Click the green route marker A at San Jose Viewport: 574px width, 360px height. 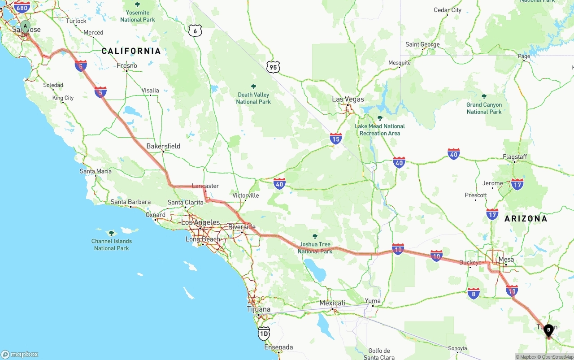pos(26,26)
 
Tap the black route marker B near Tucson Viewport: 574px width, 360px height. pos(548,330)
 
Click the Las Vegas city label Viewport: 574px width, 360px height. pos(348,99)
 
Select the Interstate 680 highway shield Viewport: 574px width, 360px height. pos(22,7)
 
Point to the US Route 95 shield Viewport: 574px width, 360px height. pos(273,67)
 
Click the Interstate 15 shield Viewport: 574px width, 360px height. pos(335,139)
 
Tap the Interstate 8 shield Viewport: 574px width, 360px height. pos(474,294)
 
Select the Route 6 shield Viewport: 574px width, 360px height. pos(195,31)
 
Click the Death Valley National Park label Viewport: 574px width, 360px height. pos(253,98)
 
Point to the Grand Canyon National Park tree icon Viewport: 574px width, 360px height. pos(484,96)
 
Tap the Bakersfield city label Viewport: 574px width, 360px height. pos(163,146)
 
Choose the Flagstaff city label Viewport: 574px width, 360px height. pos(515,157)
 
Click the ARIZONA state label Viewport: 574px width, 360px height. pos(526,219)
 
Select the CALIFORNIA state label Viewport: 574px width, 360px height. pos(131,51)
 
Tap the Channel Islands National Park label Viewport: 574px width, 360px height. pos(111,244)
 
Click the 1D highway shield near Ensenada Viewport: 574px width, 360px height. pos(264,333)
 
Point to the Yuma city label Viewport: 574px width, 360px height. pos(373,301)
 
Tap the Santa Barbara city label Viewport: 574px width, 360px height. pos(130,202)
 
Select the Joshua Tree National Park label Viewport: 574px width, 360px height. pos(315,248)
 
